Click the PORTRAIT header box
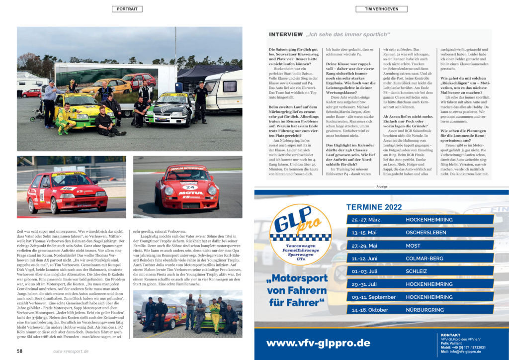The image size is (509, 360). pyautogui.click(x=127, y=9)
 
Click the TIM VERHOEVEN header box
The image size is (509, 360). pyautogui.click(x=381, y=9)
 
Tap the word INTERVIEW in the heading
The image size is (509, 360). pyautogui.click(x=286, y=34)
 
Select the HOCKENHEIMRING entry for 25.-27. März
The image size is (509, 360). pyautogui.click(x=429, y=219)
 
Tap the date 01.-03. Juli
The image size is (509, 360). pyautogui.click(x=364, y=271)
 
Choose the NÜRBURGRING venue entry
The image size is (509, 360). pyautogui.click(x=425, y=310)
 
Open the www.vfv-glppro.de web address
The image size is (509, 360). pyautogui.click(x=318, y=343)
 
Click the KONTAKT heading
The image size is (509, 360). pyautogui.click(x=451, y=335)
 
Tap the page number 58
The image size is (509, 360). pyautogui.click(x=20, y=351)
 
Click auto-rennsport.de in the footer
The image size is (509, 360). pyautogui.click(x=71, y=351)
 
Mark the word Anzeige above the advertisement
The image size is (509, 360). pyautogui.click(x=381, y=187)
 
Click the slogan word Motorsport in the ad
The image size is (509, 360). pyautogui.click(x=296, y=278)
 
